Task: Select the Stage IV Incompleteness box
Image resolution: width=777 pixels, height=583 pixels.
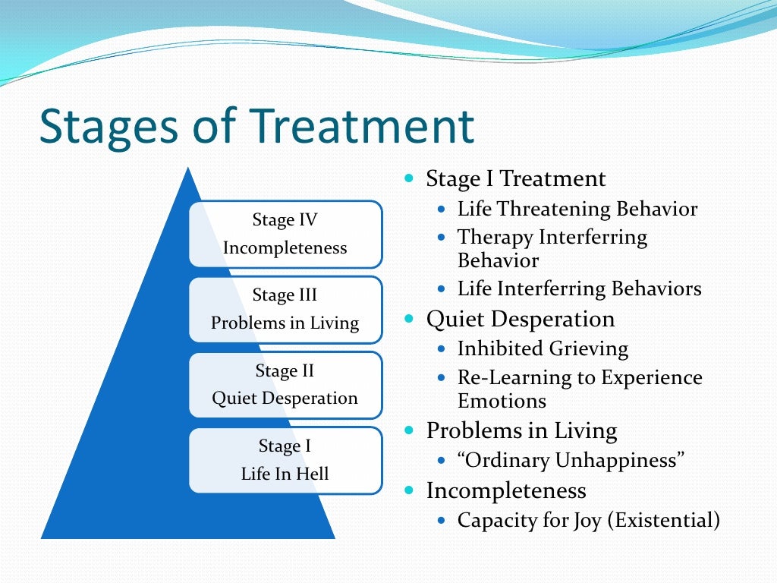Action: click(x=285, y=234)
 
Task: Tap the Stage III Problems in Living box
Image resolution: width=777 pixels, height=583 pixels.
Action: click(x=285, y=309)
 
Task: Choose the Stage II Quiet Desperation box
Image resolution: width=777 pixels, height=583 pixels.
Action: click(x=285, y=384)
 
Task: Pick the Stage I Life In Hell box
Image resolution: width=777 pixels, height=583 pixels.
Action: click(x=285, y=460)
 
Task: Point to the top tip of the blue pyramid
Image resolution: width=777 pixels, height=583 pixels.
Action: click(x=188, y=169)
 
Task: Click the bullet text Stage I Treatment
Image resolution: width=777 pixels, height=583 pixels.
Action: click(x=516, y=179)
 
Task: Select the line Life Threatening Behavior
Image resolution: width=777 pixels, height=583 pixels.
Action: click(x=577, y=209)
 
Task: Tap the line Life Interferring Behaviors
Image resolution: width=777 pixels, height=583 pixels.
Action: click(x=579, y=288)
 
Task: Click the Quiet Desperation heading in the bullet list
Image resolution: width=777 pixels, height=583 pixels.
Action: click(x=521, y=319)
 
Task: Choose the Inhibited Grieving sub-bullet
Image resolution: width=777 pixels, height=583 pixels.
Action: click(x=543, y=348)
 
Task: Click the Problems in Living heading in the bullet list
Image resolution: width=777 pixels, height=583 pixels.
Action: click(x=521, y=430)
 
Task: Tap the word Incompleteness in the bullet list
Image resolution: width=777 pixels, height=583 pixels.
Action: click(x=506, y=490)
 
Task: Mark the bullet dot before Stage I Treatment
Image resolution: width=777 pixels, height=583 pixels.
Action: click(x=411, y=180)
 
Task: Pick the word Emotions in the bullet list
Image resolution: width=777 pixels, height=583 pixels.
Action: click(x=502, y=400)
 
